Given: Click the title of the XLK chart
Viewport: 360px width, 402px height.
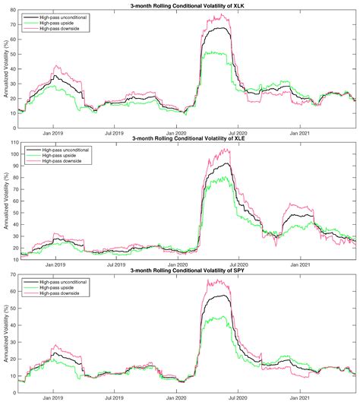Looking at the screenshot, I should click(x=188, y=5).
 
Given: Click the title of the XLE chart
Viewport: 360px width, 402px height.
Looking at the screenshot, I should click(x=188, y=138).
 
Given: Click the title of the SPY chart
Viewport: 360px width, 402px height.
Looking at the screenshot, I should click(x=188, y=270).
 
